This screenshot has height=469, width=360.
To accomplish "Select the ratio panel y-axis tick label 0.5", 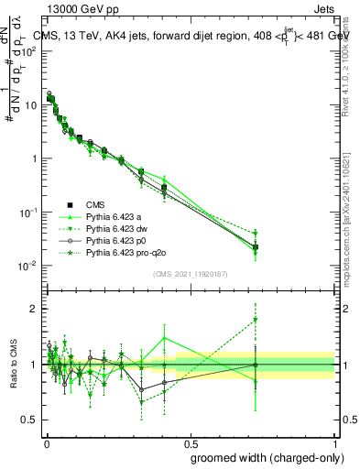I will click(30, 420).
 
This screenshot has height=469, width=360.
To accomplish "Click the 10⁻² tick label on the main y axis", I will click(27, 266).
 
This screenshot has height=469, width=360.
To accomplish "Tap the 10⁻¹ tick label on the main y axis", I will click(27, 212).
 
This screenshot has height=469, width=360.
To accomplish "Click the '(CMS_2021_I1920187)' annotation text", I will click(189, 275).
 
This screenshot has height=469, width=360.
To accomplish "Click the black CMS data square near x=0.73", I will click(256, 247).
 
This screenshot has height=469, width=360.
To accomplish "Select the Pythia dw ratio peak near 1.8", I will click(256, 320).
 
